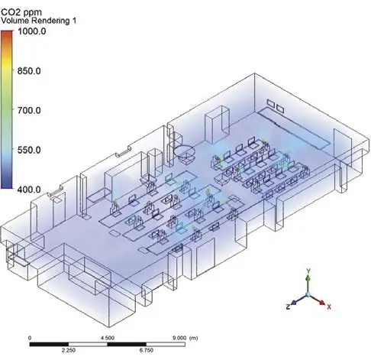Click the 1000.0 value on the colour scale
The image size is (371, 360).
click(x=32, y=31)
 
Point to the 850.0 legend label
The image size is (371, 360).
click(x=29, y=71)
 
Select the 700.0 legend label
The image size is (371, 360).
click(x=29, y=110)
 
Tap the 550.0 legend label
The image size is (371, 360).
click(x=29, y=150)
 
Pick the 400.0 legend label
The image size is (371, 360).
click(x=29, y=190)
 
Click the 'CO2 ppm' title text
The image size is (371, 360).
click(x=21, y=12)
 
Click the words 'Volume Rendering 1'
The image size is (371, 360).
click(x=38, y=21)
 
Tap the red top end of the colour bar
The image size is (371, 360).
click(x=7, y=31)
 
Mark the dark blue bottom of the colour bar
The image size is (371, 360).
click(x=7, y=187)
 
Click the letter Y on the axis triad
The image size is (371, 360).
click(x=308, y=271)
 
